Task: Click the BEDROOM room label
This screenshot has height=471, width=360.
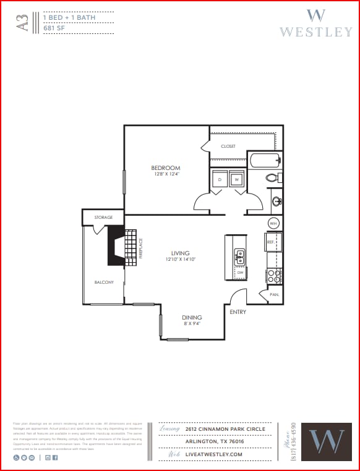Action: (x=166, y=168)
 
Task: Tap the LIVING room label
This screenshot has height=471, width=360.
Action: (x=181, y=253)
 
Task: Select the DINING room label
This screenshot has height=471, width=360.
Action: (x=191, y=318)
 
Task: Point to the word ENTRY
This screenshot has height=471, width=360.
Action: (x=238, y=312)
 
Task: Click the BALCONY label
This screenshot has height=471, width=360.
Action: (x=104, y=282)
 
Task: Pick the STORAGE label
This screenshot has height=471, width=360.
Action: (x=103, y=218)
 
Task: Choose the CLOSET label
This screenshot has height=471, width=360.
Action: (x=228, y=146)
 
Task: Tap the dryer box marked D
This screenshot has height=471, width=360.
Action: (x=219, y=180)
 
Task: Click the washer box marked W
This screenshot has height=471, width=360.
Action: (x=236, y=180)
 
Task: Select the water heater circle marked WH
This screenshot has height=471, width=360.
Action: (x=274, y=223)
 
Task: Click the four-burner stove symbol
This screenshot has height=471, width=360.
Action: (x=274, y=275)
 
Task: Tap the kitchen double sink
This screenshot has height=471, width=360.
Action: (x=239, y=256)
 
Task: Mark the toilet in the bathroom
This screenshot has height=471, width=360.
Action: (x=273, y=178)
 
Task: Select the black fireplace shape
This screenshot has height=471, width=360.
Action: (x=115, y=245)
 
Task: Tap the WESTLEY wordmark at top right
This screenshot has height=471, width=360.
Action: (x=315, y=31)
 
